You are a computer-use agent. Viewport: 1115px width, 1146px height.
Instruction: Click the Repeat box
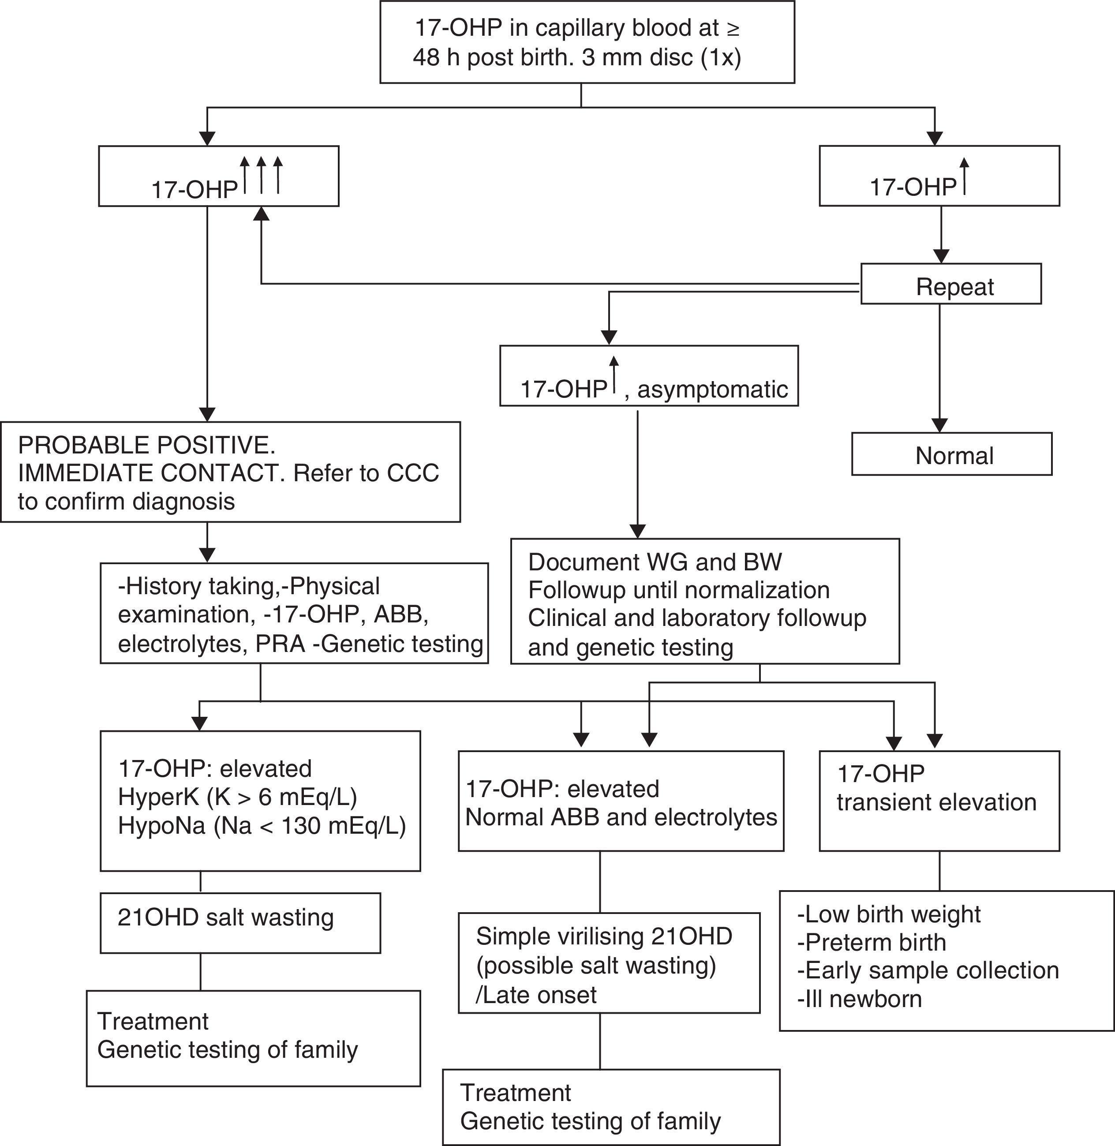pyautogui.click(x=950, y=284)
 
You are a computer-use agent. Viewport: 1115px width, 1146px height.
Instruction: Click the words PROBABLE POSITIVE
pyautogui.click(x=146, y=446)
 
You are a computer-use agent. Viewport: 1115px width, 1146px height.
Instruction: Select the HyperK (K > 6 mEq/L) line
pyautogui.click(x=238, y=797)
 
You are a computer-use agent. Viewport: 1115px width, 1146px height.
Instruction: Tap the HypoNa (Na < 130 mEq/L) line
pyautogui.click(x=262, y=826)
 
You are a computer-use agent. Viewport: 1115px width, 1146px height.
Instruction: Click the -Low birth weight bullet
pyautogui.click(x=888, y=914)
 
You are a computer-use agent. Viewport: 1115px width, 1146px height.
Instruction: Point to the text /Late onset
pyautogui.click(x=536, y=995)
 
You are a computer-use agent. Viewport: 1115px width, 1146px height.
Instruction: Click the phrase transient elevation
pyautogui.click(x=936, y=802)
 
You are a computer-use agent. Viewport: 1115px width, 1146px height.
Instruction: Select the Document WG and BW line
pyautogui.click(x=655, y=562)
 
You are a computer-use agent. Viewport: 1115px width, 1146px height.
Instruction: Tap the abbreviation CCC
pyautogui.click(x=412, y=473)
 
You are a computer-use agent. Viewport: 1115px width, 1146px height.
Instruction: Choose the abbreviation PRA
pyautogui.click(x=281, y=644)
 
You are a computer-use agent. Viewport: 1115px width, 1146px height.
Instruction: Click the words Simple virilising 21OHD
pyautogui.click(x=604, y=936)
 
